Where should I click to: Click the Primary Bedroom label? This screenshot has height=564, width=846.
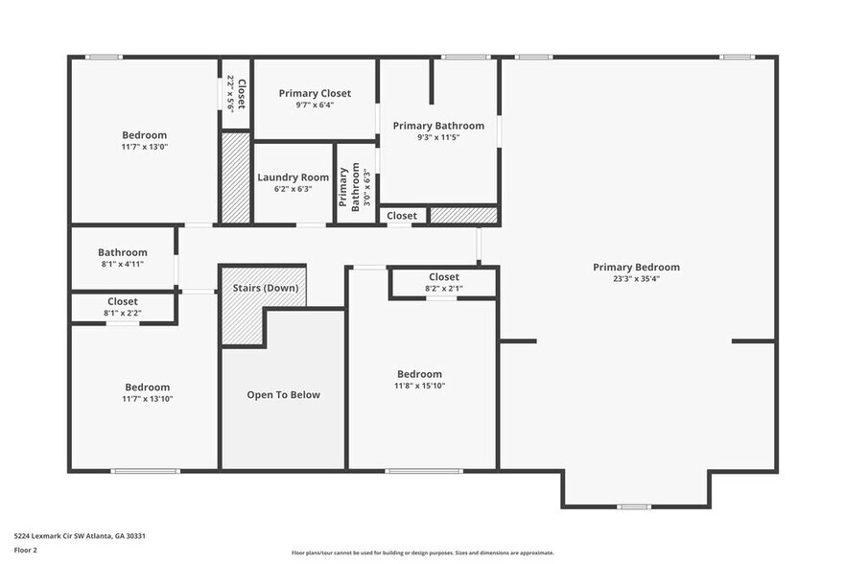[x=636, y=268]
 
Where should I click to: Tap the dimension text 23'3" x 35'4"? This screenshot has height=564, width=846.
[x=636, y=280]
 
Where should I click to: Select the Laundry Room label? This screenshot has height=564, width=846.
[x=293, y=177]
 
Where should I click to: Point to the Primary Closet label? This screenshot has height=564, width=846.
[x=315, y=93]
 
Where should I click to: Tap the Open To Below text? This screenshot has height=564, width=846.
[x=283, y=394]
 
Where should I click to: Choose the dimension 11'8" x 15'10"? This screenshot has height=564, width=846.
[x=420, y=386]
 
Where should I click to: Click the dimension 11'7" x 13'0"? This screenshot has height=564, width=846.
[x=144, y=147]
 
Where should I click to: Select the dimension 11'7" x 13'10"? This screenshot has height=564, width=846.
[x=147, y=398]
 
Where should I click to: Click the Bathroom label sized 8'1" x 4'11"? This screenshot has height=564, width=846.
[x=122, y=252]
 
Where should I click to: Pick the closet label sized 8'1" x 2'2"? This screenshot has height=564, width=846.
[x=122, y=301]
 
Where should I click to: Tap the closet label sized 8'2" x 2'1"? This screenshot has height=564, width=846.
[x=443, y=277]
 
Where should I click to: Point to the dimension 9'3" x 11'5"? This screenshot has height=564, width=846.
[x=438, y=138]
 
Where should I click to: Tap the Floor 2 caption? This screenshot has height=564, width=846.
[x=25, y=550]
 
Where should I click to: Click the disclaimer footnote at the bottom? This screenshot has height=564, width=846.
[x=422, y=552]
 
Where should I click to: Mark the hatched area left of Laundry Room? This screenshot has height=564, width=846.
[x=235, y=176]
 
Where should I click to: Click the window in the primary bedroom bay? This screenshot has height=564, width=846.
[x=633, y=505]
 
